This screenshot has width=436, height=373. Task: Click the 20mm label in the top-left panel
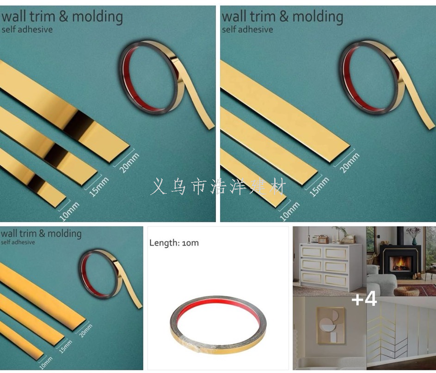129,163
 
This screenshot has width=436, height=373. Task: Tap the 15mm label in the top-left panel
99,187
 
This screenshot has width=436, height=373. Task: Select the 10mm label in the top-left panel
69,212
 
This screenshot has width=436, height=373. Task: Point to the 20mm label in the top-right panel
350,163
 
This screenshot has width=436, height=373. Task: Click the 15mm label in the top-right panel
319,187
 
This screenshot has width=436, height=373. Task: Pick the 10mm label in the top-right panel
290,212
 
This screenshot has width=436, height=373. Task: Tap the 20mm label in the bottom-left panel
86,331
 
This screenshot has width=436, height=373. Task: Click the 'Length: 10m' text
174,243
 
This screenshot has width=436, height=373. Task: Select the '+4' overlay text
364,299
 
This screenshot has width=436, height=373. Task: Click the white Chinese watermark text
218,187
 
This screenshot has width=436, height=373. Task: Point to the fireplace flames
399,263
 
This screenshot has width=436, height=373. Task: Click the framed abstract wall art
331,326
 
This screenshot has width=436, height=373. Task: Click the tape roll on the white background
218,325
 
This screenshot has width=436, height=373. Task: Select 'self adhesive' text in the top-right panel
247,30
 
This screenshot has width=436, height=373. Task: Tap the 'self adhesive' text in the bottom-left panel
18,242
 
